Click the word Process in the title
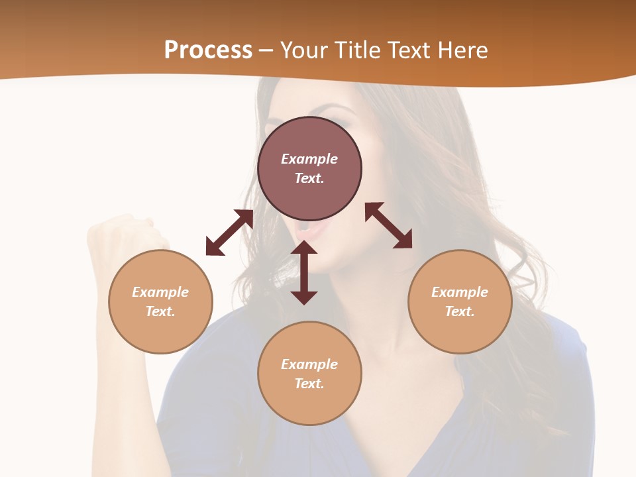[208, 50]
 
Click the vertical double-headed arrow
[304, 272]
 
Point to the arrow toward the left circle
[229, 233]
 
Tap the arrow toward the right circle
[389, 225]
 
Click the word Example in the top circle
[309, 159]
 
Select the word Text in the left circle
[160, 311]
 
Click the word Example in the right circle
[460, 292]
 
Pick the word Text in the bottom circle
[309, 384]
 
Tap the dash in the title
[266, 50]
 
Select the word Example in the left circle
[160, 292]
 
